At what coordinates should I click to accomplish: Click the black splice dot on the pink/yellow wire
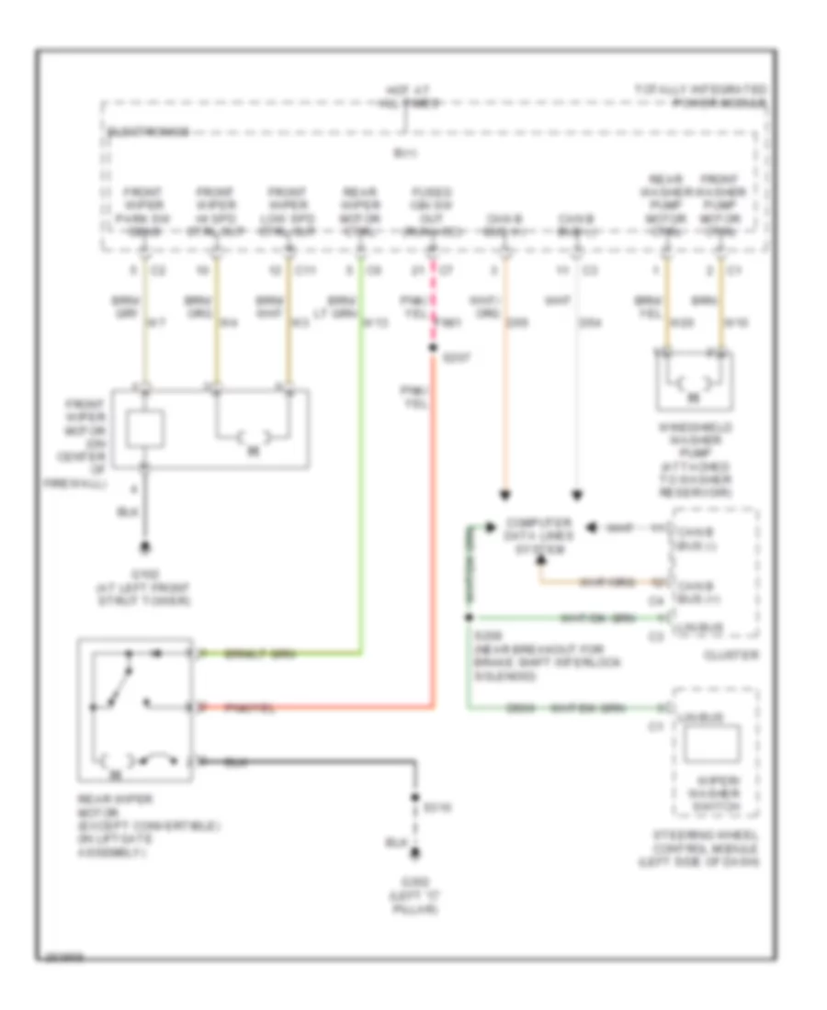pyautogui.click(x=433, y=349)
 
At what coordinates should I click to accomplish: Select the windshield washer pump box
pyautogui.click(x=695, y=380)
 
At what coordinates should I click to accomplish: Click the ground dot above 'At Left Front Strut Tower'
pyautogui.click(x=144, y=549)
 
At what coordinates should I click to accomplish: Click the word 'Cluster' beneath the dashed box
pyautogui.click(x=716, y=656)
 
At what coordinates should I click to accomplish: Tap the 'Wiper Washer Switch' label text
pyautogui.click(x=716, y=791)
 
